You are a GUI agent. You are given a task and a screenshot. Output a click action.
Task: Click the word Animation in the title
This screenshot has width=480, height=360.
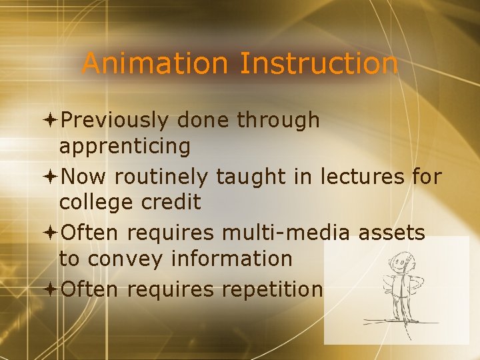click(x=155, y=64)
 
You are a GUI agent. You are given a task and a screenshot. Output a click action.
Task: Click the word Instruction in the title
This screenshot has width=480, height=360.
click(x=319, y=64)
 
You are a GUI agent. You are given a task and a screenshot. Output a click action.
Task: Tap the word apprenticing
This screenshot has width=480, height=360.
click(x=125, y=146)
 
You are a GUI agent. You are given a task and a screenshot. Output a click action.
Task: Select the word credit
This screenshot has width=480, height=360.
click(x=173, y=202)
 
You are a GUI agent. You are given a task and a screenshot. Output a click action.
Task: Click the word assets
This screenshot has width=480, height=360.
click(x=393, y=233)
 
